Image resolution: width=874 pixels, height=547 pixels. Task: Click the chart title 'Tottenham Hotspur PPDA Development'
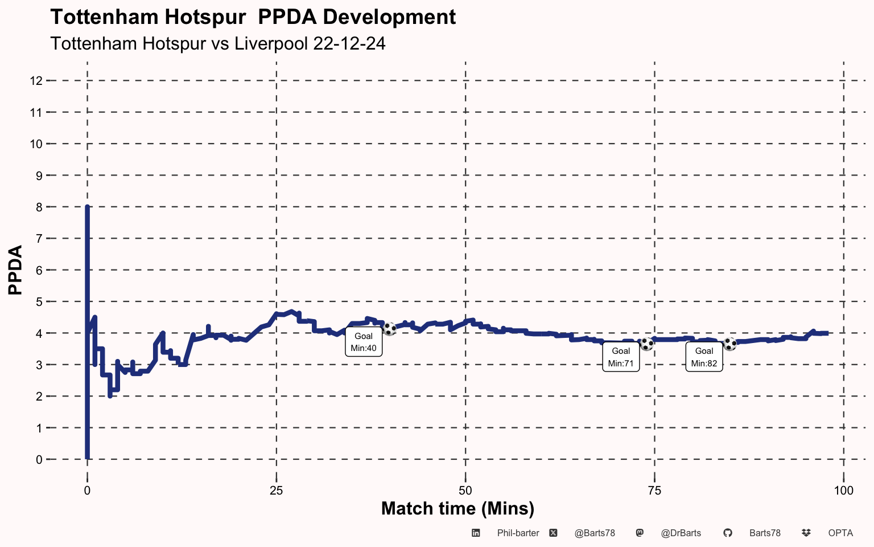(x=253, y=17)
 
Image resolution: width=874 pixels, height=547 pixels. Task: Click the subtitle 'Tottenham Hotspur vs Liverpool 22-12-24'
(x=217, y=43)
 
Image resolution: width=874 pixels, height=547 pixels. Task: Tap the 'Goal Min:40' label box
(x=364, y=342)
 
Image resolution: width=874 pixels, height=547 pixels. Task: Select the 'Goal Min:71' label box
(x=621, y=357)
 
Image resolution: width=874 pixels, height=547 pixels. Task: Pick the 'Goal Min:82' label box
(x=704, y=357)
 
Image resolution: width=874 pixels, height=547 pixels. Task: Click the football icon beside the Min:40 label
(x=390, y=329)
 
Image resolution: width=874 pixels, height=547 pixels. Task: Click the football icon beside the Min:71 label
(x=647, y=344)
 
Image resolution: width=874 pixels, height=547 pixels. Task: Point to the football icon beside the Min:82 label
(x=730, y=344)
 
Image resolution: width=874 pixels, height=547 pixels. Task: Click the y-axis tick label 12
(x=36, y=81)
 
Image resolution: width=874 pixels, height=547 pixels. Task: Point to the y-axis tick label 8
(x=39, y=207)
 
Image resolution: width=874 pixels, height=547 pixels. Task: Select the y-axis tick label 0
(x=39, y=459)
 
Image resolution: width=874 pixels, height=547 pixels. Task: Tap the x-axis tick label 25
(x=276, y=491)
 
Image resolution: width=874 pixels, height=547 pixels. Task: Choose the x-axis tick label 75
(x=654, y=491)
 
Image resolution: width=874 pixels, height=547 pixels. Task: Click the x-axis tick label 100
(x=843, y=491)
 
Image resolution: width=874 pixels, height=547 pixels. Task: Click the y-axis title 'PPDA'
(x=16, y=270)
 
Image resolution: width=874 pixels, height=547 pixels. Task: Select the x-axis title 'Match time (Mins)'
(x=457, y=508)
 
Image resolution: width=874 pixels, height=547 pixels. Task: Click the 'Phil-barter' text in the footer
(x=518, y=533)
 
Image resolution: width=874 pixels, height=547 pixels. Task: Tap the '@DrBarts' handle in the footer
(x=681, y=533)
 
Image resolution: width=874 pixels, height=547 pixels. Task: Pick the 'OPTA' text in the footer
(x=840, y=533)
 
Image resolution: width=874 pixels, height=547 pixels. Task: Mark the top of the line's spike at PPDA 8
(x=87, y=207)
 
